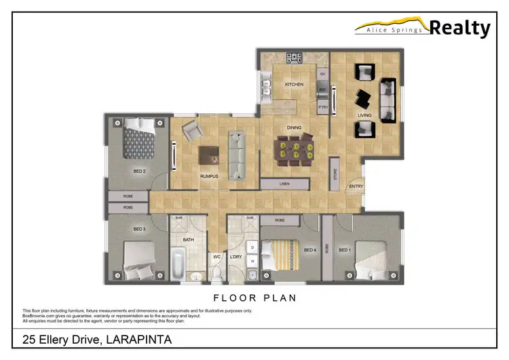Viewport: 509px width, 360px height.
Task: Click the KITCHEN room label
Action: point(294,84)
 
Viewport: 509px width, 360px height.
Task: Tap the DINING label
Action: point(293,128)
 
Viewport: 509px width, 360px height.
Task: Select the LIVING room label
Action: point(364,115)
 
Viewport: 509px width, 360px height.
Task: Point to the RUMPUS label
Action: point(208,177)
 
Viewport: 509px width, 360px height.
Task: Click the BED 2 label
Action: point(140,170)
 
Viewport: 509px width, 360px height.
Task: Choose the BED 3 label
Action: point(140,229)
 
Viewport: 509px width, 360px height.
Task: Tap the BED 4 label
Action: point(309,250)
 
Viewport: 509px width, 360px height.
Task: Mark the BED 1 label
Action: point(345,250)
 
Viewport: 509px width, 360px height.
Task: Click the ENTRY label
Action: point(355,187)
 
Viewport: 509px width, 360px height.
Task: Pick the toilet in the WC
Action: point(216,273)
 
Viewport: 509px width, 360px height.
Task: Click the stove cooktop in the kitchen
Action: point(295,58)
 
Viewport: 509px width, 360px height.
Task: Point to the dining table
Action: point(294,149)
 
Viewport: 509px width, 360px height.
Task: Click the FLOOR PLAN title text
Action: point(254,298)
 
